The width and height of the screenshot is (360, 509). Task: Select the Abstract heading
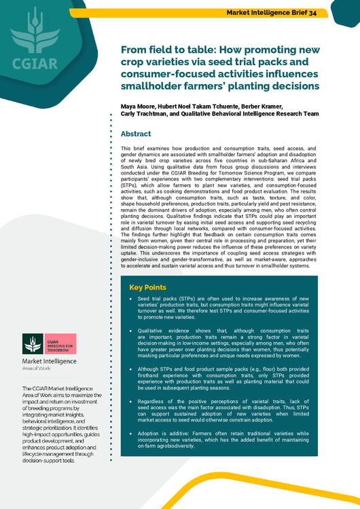136,134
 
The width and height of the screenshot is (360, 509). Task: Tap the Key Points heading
148,287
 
